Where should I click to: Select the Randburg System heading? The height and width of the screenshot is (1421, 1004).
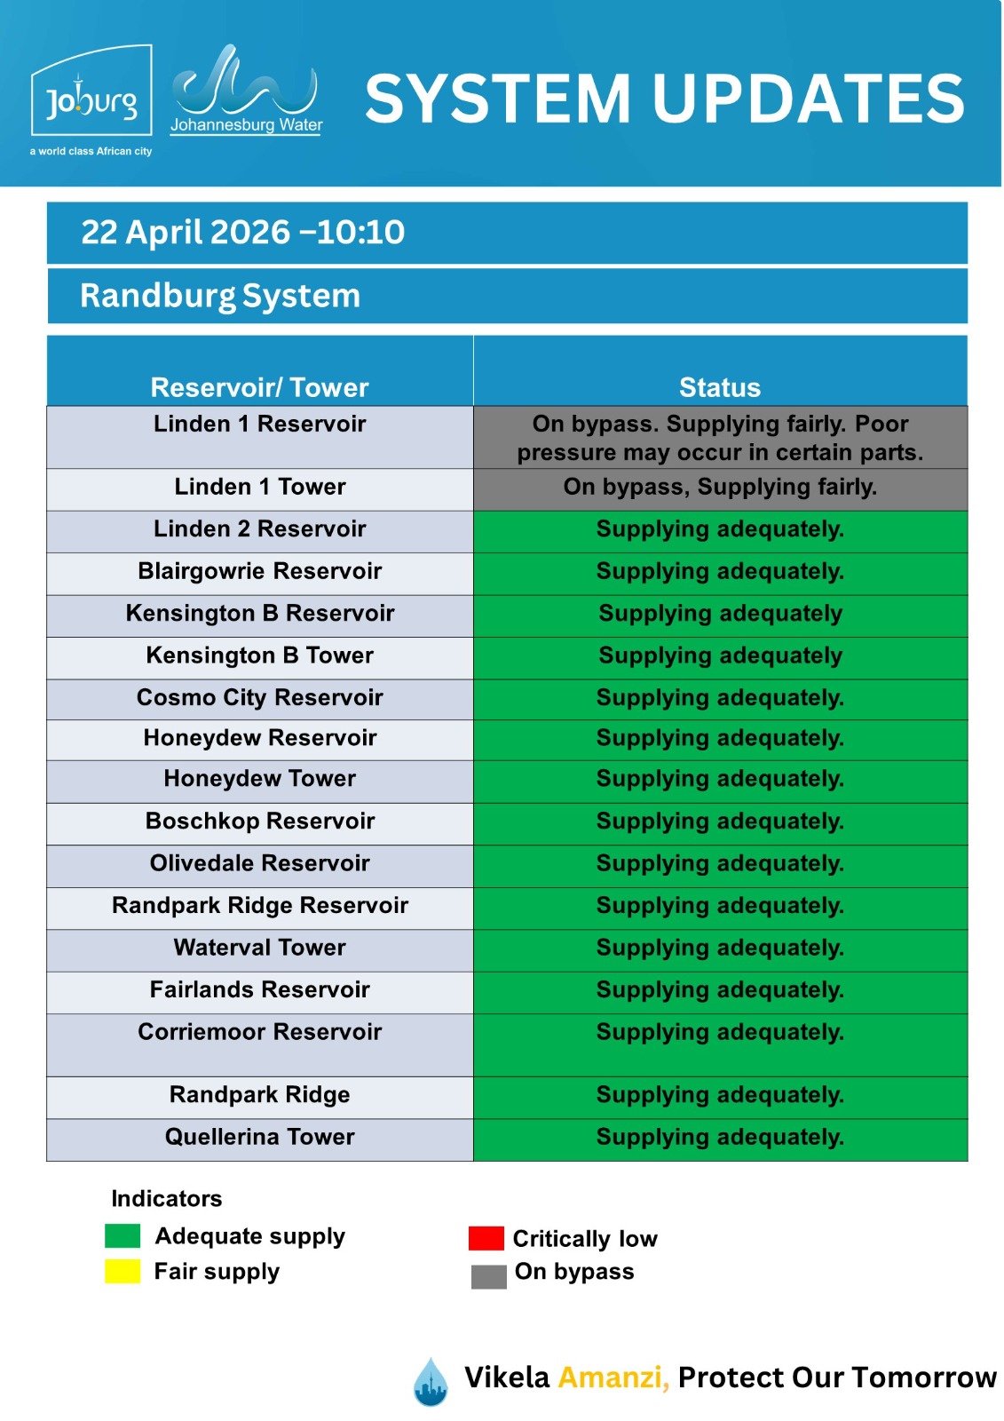220,296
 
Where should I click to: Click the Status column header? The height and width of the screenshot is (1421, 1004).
719,387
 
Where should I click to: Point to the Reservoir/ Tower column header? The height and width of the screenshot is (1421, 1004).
259,387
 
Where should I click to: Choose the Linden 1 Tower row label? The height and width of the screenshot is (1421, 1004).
259,487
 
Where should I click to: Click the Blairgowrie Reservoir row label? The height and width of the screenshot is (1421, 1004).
259,571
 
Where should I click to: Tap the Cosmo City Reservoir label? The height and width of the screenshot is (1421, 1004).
259,697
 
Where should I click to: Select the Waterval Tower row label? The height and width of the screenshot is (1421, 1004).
259,948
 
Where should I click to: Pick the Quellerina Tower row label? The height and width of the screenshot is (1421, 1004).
259,1137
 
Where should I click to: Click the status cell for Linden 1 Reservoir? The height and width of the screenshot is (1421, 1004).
720,438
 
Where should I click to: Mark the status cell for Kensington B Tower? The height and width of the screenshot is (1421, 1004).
720,655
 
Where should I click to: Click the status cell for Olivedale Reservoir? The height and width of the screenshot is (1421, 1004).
720,863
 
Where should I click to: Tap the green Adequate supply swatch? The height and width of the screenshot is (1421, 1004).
123,1235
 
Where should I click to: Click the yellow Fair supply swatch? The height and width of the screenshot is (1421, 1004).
123,1271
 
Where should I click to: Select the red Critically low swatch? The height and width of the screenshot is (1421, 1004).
486,1238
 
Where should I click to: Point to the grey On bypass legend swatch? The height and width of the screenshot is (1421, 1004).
488,1276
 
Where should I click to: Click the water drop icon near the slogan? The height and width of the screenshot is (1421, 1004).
431,1382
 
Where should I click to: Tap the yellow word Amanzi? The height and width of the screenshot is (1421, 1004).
613,1377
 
